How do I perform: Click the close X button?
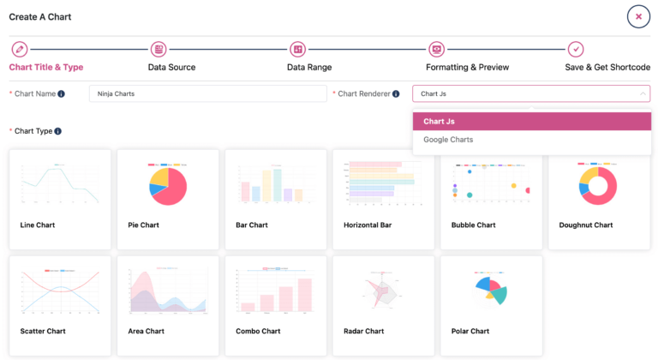point(638,16)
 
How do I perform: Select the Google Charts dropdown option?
point(448,140)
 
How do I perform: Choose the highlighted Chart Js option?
point(439,122)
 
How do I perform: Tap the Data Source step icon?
point(159,50)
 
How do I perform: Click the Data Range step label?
point(309,67)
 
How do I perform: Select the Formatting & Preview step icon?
point(436,50)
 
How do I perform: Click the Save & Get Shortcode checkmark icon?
point(576,50)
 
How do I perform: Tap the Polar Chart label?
point(470,331)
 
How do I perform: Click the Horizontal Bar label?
point(368,225)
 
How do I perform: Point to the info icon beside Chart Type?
point(57,131)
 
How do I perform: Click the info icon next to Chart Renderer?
point(396,93)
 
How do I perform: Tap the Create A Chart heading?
point(40,17)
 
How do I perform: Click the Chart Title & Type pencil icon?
point(20,50)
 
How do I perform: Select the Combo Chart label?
point(258,331)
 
